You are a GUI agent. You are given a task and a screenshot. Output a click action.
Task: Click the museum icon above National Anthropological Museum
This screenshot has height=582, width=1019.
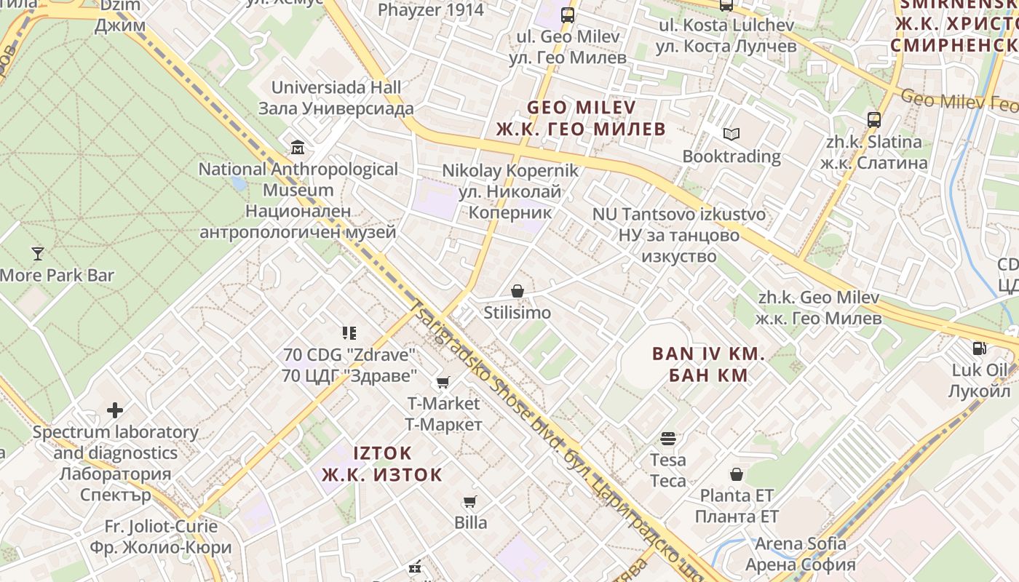coord(297,148)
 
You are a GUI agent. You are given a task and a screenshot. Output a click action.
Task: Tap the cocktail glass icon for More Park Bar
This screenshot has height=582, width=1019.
coord(38,253)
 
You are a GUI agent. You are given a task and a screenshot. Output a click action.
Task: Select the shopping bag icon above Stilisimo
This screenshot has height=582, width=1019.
coord(518,292)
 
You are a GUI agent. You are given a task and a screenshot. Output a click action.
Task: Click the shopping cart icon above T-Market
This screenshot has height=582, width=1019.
coord(443,382)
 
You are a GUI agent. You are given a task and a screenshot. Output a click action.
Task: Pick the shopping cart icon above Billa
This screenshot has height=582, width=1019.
coord(470,502)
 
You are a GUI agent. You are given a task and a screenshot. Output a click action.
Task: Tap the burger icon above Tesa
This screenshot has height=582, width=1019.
coord(668,439)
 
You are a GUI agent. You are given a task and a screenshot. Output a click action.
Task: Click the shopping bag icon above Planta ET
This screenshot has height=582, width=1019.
coord(737,474)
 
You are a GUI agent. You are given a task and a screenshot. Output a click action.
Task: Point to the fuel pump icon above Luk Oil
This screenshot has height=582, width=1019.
coord(980,348)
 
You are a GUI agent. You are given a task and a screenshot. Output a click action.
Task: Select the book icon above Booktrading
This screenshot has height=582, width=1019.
coord(731,135)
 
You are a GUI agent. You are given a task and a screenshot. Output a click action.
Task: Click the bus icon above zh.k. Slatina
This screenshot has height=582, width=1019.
coord(874,120)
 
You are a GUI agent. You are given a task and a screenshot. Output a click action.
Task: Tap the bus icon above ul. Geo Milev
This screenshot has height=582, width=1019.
coord(568,15)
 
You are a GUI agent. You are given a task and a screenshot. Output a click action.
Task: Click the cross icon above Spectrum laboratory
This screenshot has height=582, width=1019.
coord(115,410)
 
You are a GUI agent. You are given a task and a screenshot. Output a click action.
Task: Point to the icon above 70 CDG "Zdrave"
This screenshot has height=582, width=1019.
coord(349,333)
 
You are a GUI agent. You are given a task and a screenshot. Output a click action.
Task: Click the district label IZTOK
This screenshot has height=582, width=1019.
coord(382,453)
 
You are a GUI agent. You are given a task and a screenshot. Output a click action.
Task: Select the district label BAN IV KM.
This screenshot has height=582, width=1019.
coord(708,354)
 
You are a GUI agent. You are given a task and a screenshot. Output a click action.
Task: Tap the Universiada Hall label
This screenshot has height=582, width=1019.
coord(336,87)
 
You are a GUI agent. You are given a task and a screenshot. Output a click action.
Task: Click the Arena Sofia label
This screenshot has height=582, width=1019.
coord(800,543)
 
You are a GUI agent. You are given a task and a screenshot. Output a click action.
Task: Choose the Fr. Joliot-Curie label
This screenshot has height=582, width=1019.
coord(161,526)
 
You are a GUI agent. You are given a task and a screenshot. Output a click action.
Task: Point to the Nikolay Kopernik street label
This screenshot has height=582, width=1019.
coord(510,171)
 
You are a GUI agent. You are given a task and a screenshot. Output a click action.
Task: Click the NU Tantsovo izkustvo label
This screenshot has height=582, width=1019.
coord(678,215)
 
